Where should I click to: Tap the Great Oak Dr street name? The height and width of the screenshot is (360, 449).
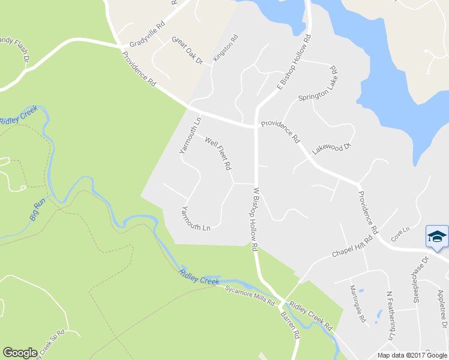(188, 50)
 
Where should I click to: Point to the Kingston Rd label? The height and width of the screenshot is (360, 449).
(226, 46)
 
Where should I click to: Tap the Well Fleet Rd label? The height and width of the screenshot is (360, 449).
(218, 153)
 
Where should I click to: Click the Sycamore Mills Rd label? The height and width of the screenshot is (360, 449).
(250, 294)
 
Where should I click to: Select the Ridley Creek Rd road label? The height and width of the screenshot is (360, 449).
(311, 315)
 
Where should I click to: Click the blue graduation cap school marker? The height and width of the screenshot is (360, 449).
(436, 237)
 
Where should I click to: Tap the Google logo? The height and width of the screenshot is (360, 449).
(20, 353)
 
